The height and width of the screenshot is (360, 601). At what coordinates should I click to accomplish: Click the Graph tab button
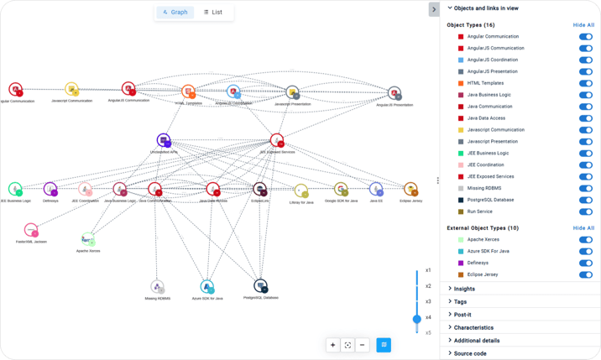click(x=175, y=13)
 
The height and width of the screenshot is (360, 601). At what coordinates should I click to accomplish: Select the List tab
click(x=213, y=13)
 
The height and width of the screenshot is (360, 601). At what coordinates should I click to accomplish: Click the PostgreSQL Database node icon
click(x=260, y=285)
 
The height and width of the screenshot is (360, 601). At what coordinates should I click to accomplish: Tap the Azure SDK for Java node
click(x=206, y=287)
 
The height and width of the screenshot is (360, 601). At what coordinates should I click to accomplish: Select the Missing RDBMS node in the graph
click(x=157, y=287)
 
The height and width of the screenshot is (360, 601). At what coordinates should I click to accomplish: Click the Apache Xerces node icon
click(x=88, y=239)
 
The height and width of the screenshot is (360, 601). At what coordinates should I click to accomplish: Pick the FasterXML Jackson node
click(x=31, y=230)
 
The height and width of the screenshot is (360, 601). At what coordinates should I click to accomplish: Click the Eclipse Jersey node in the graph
click(x=410, y=190)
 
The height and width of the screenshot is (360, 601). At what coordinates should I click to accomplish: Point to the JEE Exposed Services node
click(x=277, y=140)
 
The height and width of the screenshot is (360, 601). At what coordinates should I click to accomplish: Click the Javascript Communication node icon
click(x=71, y=89)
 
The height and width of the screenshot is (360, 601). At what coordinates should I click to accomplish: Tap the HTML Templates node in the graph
click(x=189, y=91)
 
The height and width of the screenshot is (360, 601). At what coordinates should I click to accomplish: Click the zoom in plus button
click(x=333, y=345)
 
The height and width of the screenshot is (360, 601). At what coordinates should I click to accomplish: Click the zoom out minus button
click(x=363, y=345)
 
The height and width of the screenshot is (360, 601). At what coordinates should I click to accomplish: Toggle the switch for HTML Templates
click(x=585, y=83)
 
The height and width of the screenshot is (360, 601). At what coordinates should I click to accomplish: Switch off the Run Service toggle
click(x=585, y=211)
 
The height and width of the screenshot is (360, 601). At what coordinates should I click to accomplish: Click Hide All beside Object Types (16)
click(x=583, y=25)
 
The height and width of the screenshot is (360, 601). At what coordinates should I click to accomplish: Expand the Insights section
click(x=464, y=289)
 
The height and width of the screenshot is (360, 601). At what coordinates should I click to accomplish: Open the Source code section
click(x=469, y=353)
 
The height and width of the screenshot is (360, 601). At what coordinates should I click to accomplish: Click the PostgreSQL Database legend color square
click(x=461, y=200)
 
